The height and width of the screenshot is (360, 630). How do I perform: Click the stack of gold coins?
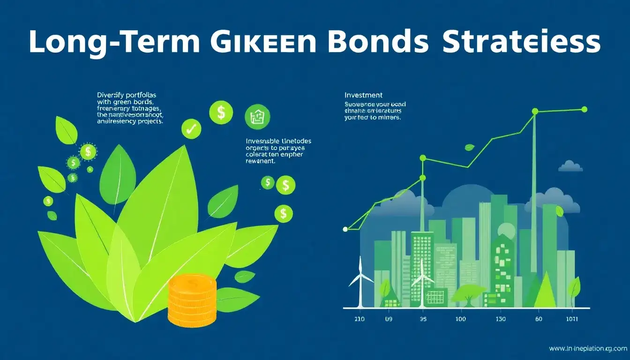pos(192,300)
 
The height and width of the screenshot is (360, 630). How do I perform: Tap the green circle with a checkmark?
pos(191,129)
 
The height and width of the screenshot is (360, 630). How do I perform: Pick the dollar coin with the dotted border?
pos(88,151)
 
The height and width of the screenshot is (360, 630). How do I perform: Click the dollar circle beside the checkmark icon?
pos(221,113)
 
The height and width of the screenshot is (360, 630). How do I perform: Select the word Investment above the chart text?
pos(363,95)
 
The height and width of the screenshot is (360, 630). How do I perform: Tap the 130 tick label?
pos(501,319)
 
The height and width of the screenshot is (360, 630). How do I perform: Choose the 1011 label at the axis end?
pos(572,319)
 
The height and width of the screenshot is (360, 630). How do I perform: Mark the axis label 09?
pos(389,319)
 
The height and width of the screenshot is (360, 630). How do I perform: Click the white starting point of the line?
pos(345,229)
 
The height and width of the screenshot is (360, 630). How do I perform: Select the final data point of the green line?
pos(584,109)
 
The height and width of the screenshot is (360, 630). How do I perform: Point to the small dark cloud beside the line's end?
pos(570,166)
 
